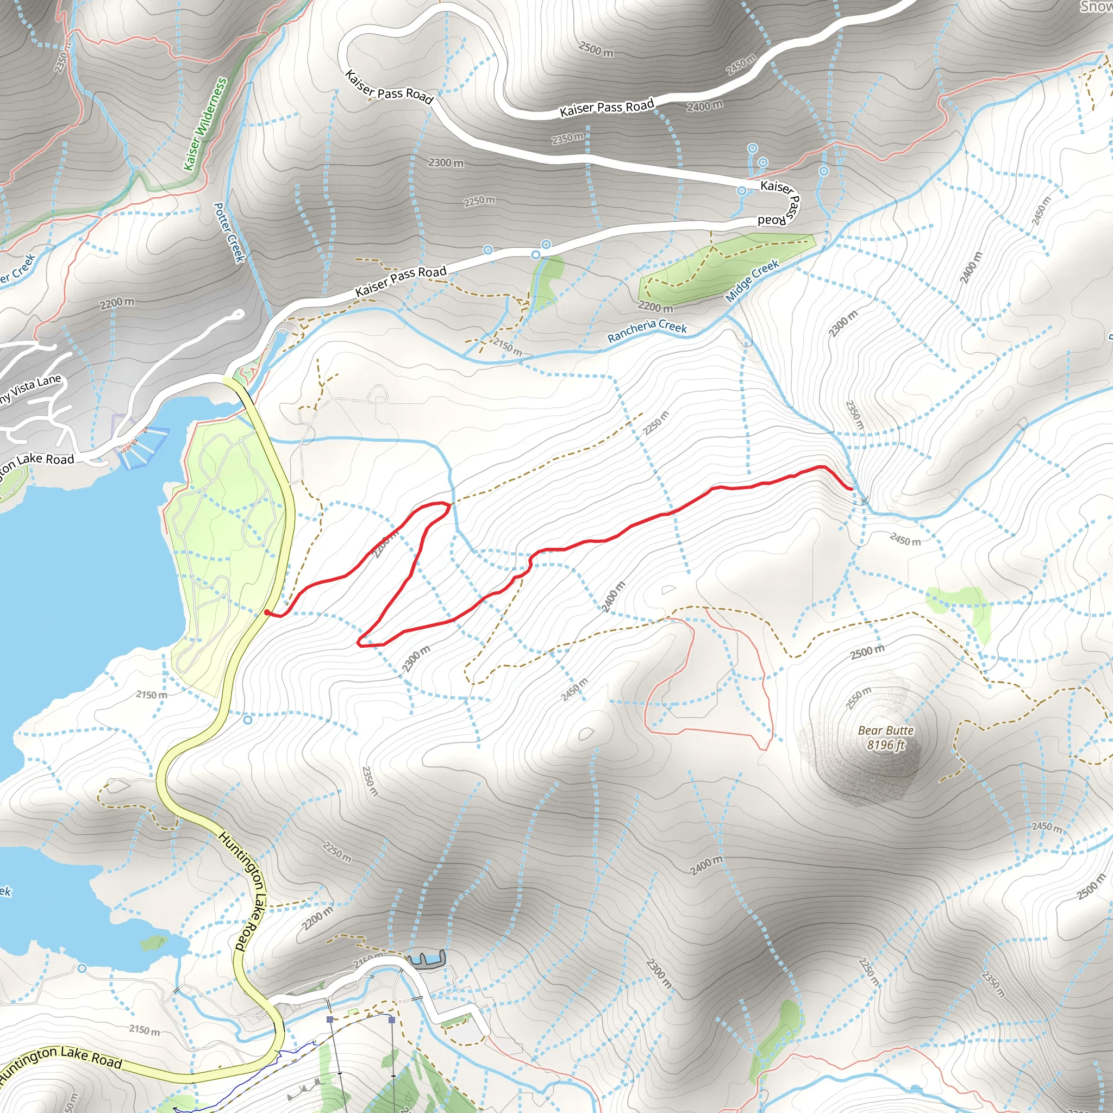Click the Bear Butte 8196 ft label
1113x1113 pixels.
885,737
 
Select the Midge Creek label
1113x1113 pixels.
752,280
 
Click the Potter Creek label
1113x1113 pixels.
229,232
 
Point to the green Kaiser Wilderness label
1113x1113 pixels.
205,124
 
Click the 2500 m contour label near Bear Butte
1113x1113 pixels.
867,652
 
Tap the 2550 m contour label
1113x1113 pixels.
858,698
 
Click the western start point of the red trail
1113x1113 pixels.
267,612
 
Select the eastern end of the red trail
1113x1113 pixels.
852,489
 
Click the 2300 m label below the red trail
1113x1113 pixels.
416,659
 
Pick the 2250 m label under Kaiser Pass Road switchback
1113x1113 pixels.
479,201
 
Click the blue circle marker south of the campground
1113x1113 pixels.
248,720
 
